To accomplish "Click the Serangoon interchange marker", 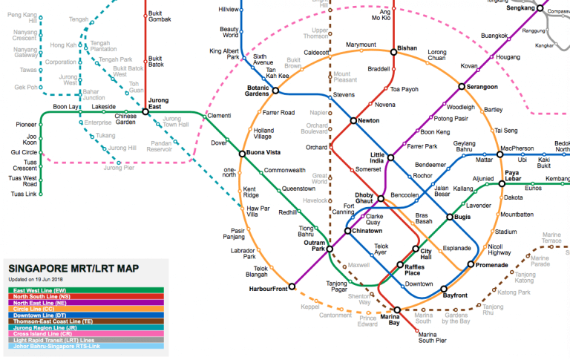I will point(461,88).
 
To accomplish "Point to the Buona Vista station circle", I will point(242,154).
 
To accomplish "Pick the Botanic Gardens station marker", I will point(275,91).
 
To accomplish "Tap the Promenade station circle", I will point(471,264).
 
